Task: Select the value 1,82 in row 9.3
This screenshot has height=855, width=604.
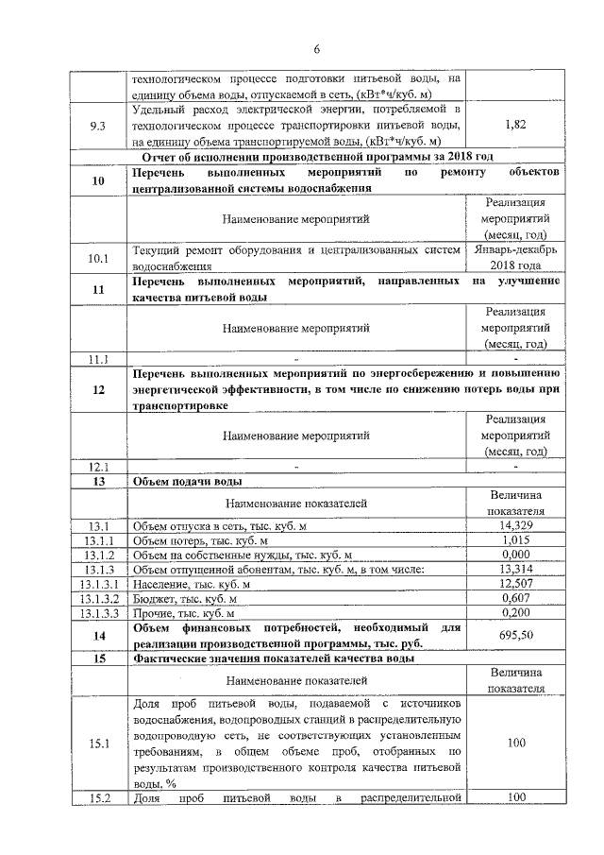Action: (515, 124)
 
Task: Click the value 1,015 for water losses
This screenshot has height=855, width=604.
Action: (515, 540)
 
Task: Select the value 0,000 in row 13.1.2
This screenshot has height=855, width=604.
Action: (515, 555)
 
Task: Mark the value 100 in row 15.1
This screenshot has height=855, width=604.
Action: (515, 744)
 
